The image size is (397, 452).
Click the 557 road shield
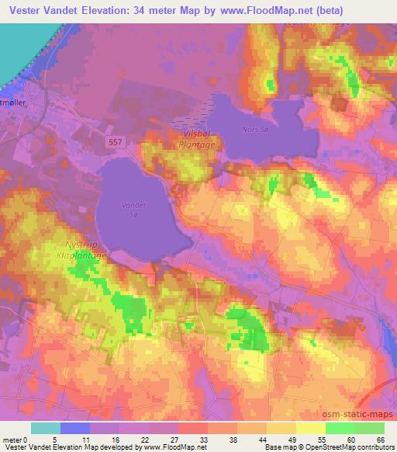coord(115,142)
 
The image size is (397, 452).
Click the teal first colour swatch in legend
coord(45,428)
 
